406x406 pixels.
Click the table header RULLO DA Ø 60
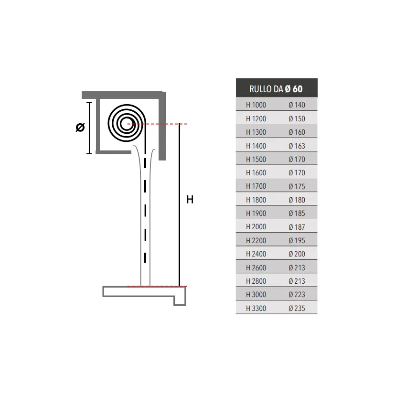click(276, 89)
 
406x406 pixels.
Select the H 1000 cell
click(256, 105)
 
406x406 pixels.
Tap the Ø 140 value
click(297, 105)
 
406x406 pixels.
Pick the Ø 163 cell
click(297, 146)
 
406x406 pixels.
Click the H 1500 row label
click(256, 159)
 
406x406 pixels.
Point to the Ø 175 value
click(297, 186)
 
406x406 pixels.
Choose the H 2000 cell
click(256, 227)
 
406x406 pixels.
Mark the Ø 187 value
click(297, 227)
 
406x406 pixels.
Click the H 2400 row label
click(256, 254)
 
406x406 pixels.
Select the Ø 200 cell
click(297, 254)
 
